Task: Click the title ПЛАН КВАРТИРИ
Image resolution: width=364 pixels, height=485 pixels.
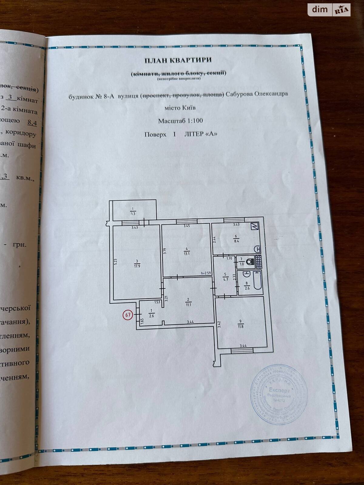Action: pos(178,60)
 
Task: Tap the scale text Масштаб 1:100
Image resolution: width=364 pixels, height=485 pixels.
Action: pos(180,121)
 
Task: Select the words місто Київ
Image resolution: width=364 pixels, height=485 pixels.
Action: pos(180,108)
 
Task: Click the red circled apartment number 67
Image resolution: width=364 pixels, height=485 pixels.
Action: pos(128,315)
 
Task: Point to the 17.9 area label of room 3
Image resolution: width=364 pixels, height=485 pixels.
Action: pos(137,266)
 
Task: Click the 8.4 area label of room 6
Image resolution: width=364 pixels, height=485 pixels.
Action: pos(236,241)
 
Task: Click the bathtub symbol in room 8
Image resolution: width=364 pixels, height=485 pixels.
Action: pos(258,281)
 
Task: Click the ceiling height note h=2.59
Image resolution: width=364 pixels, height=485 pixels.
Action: pos(206,273)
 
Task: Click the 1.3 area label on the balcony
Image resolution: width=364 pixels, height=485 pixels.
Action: pos(133,213)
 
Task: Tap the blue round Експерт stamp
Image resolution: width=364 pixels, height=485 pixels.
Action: pos(279,394)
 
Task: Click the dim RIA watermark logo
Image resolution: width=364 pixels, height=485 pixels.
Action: pos(329,10)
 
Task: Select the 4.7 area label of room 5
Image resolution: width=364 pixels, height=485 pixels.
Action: pos(225,279)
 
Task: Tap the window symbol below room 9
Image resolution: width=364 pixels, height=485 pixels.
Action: pos(242,350)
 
